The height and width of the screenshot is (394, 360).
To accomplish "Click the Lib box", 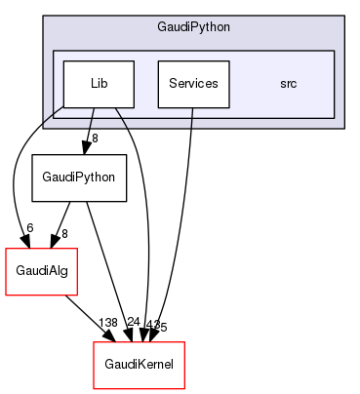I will pyautogui.click(x=99, y=85).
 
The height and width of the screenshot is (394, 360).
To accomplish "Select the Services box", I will pyautogui.click(x=193, y=85).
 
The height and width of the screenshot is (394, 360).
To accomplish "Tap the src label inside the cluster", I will pyautogui.click(x=288, y=85).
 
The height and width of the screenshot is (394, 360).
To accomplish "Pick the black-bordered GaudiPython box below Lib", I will pyautogui.click(x=80, y=178).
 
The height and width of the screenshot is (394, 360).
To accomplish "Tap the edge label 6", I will pyautogui.click(x=29, y=228).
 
